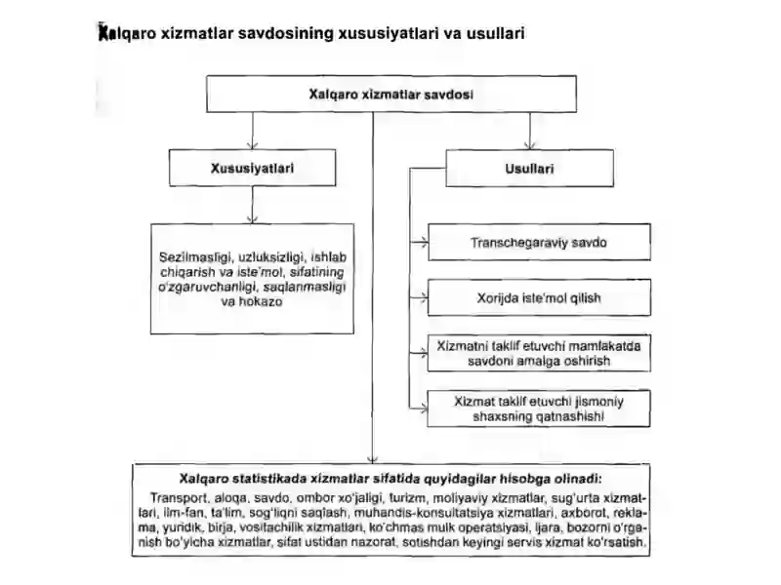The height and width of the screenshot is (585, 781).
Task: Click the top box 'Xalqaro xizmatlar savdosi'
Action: pos(391,94)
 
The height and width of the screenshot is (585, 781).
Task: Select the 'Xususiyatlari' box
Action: pos(252,168)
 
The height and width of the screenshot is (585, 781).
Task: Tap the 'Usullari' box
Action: pos(529,169)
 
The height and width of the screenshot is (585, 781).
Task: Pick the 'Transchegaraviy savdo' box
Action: pos(539,242)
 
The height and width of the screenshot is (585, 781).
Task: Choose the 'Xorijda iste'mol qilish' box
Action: pos(539,298)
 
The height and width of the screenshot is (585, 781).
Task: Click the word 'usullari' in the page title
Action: pos(496,33)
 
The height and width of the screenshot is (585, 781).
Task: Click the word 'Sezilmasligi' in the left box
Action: pos(196,257)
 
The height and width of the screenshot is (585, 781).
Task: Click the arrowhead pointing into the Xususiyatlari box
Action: pos(253,145)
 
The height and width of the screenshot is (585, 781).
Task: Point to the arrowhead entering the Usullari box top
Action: pos(530,145)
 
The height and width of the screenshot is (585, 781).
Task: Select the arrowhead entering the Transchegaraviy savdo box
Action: pos(424,243)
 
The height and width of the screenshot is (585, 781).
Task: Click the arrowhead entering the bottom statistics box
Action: pos(373,459)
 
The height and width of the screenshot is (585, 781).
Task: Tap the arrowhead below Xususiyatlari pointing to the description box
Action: pos(253,219)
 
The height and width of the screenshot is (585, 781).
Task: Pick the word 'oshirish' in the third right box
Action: pos(589,361)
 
